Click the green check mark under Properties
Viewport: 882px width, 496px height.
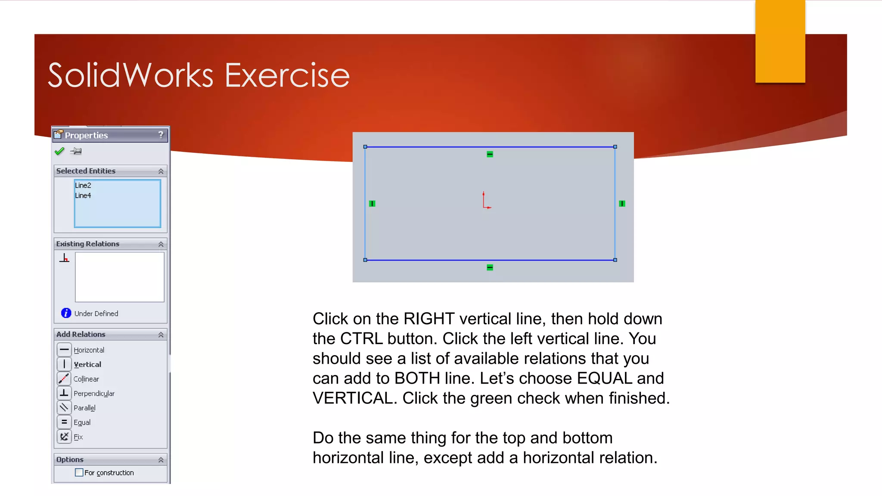[59, 151]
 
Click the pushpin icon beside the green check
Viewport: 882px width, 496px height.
[76, 151]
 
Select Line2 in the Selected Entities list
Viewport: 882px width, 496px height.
[83, 186]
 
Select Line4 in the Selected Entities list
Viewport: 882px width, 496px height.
[83, 195]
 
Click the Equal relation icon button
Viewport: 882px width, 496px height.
[64, 422]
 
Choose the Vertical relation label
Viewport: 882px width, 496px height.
[87, 365]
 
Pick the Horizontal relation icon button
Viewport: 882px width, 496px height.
[64, 350]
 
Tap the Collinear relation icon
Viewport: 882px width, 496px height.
[64, 378]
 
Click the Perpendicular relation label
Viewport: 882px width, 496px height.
[94, 394]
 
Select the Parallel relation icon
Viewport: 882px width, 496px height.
[64, 407]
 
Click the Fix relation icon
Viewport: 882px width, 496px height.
[64, 437]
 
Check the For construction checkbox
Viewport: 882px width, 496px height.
[79, 472]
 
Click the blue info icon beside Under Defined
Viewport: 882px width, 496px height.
[66, 313]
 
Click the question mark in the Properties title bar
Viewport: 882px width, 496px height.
[161, 135]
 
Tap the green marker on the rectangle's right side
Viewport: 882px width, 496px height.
[622, 204]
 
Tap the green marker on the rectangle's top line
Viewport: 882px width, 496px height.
[490, 154]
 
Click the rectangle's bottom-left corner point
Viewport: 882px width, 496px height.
[365, 260]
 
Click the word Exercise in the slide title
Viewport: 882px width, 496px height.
[287, 75]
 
